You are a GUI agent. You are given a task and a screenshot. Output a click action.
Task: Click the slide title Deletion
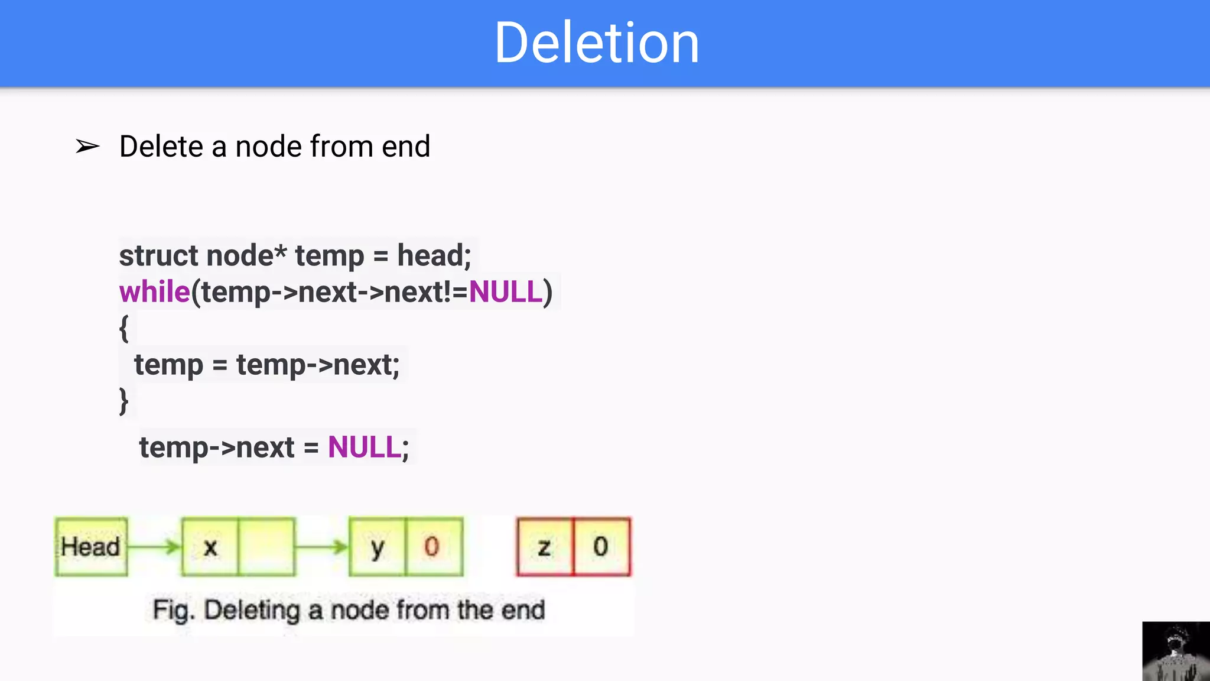click(x=597, y=43)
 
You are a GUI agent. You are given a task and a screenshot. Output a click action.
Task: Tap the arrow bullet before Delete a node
click(x=87, y=146)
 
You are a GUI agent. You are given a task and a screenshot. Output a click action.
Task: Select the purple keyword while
click(x=154, y=292)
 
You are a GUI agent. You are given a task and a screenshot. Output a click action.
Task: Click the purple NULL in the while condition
click(x=505, y=292)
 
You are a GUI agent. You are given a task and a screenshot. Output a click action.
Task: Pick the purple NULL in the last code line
click(x=365, y=447)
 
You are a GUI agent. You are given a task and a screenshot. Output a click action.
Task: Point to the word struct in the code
click(x=158, y=256)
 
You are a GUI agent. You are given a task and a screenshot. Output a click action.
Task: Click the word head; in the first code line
click(x=434, y=256)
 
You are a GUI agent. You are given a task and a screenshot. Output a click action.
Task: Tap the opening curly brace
click(x=124, y=329)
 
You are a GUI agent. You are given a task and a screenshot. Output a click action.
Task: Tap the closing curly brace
click(x=124, y=401)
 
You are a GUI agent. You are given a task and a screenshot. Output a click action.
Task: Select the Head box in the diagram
click(x=91, y=547)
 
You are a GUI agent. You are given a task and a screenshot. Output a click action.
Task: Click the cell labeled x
click(x=210, y=547)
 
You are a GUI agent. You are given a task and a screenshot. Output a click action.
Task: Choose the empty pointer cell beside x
click(x=266, y=547)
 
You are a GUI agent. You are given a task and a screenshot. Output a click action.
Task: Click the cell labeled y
click(x=377, y=547)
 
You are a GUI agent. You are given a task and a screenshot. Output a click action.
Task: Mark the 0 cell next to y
click(x=433, y=547)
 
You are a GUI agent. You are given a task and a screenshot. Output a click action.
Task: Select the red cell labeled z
click(x=544, y=547)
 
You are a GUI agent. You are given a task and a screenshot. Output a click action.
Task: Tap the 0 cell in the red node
click(x=601, y=547)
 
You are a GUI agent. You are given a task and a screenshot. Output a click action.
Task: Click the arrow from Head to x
click(x=154, y=547)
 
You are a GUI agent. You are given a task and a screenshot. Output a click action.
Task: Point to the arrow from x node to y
click(x=322, y=547)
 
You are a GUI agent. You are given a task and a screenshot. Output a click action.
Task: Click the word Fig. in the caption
click(x=173, y=610)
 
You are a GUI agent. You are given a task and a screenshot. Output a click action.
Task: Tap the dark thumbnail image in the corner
click(x=1176, y=651)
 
